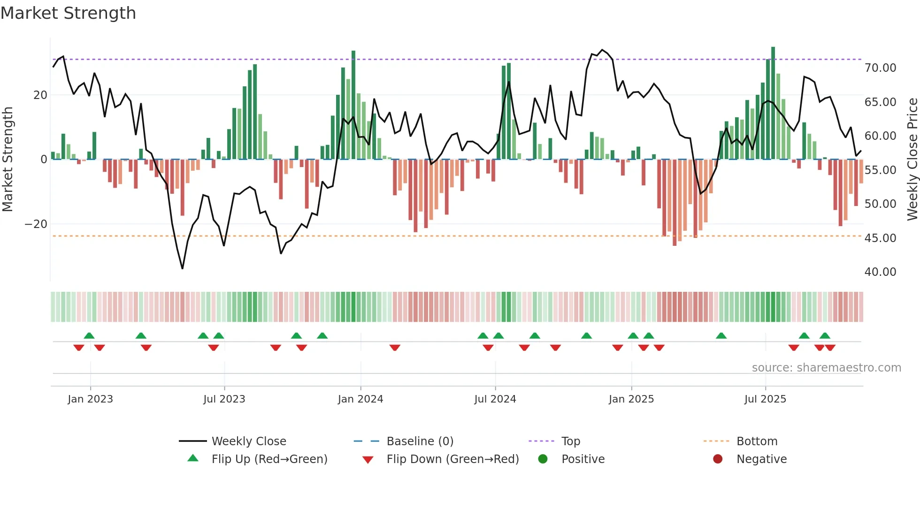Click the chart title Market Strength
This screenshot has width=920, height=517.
click(x=68, y=13)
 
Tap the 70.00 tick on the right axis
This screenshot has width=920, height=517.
click(x=880, y=68)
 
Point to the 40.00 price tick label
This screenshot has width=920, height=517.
click(x=880, y=272)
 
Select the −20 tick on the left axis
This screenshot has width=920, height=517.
click(x=36, y=224)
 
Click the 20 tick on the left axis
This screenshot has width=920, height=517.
click(x=40, y=95)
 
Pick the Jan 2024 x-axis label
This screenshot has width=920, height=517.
click(x=360, y=399)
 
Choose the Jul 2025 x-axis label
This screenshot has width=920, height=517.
click(x=765, y=399)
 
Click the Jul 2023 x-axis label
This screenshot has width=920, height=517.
click(x=224, y=399)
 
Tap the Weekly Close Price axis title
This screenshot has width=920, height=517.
click(x=912, y=160)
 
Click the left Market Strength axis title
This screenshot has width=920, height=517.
click(x=8, y=160)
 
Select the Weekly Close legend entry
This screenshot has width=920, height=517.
click(x=248, y=441)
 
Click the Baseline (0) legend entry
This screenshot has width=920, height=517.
click(x=420, y=441)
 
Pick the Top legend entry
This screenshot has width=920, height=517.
click(x=570, y=441)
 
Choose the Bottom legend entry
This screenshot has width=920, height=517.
click(x=757, y=441)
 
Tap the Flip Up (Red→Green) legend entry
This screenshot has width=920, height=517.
click(x=269, y=459)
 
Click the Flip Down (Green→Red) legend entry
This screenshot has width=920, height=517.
click(x=452, y=459)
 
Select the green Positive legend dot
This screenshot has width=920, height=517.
click(x=543, y=459)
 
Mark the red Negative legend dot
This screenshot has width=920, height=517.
click(x=718, y=459)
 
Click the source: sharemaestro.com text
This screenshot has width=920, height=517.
click(x=826, y=368)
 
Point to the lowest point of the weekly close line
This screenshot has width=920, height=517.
click(x=182, y=268)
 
